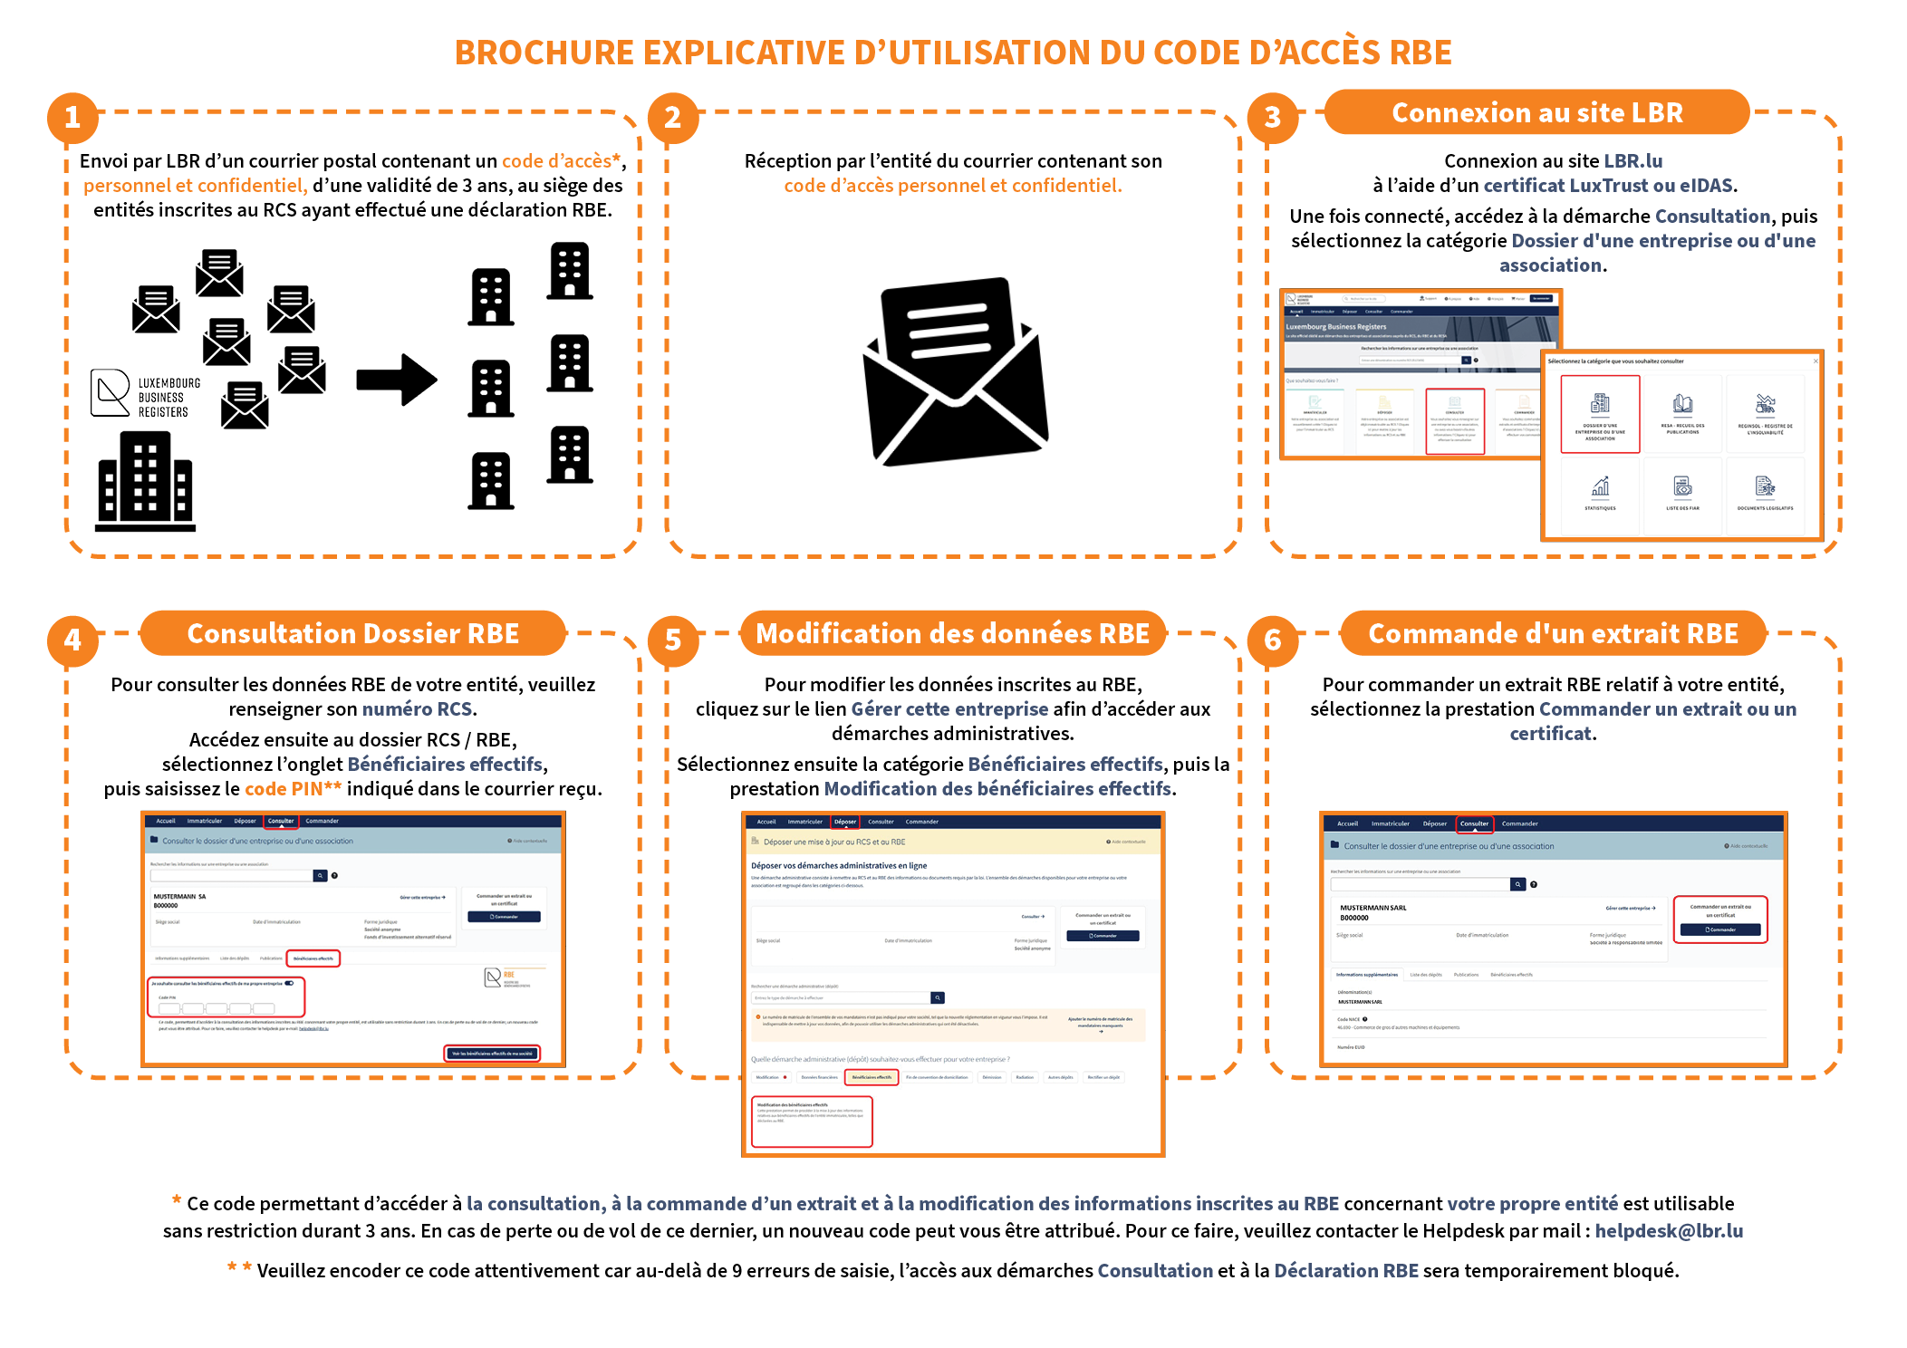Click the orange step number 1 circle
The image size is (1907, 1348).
[72, 118]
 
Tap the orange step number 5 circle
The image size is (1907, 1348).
[673, 640]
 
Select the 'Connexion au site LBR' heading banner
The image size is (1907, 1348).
[1536, 112]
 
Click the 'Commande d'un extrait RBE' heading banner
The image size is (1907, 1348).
[1553, 633]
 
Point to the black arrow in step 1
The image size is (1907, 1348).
[397, 380]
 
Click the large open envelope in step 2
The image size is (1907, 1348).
[955, 371]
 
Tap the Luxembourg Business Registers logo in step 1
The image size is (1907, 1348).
[146, 395]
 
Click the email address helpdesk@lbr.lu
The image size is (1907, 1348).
[1669, 1231]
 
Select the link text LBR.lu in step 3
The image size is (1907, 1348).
[1633, 161]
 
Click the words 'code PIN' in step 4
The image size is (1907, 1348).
[284, 789]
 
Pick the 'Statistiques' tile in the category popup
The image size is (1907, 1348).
[1600, 494]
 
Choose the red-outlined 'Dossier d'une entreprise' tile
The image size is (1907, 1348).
[1600, 414]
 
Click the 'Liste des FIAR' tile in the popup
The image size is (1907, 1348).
[1682, 494]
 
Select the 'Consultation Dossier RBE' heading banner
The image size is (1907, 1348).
[353, 633]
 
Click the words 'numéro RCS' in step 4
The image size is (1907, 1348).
[417, 709]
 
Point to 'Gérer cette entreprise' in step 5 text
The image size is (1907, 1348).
[949, 709]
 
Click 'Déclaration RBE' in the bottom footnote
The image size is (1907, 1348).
[1346, 1271]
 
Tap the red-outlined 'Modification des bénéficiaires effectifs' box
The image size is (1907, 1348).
[812, 1122]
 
